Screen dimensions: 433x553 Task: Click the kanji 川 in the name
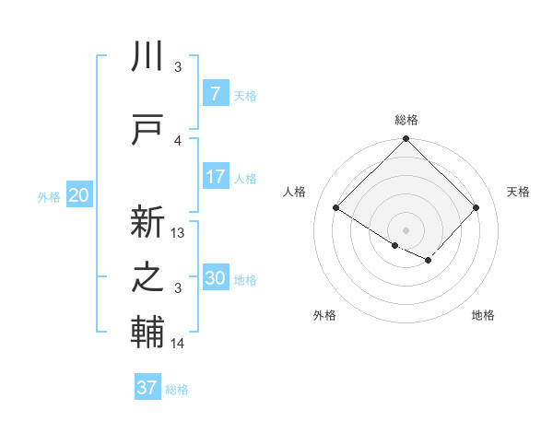(x=148, y=56)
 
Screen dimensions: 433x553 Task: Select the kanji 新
(x=148, y=222)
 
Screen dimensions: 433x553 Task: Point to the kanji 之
(x=148, y=277)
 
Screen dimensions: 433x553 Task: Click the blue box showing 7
(x=215, y=93)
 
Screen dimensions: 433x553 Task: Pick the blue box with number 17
(x=215, y=177)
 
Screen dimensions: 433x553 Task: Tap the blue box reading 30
(x=215, y=278)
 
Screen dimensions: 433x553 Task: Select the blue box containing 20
(x=79, y=195)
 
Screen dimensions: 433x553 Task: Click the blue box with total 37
(x=147, y=388)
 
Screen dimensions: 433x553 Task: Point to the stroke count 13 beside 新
(x=178, y=233)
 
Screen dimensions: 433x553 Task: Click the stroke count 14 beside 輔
(x=178, y=344)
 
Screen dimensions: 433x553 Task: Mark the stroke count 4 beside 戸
(x=178, y=140)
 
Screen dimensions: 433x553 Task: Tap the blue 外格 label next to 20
(x=48, y=196)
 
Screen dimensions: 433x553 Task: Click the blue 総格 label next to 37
(x=177, y=390)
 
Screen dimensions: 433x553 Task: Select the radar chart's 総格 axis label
(x=406, y=120)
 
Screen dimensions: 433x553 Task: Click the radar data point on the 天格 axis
(x=476, y=208)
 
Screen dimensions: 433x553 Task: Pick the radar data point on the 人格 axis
(x=336, y=208)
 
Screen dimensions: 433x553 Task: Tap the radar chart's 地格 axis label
(x=483, y=315)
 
